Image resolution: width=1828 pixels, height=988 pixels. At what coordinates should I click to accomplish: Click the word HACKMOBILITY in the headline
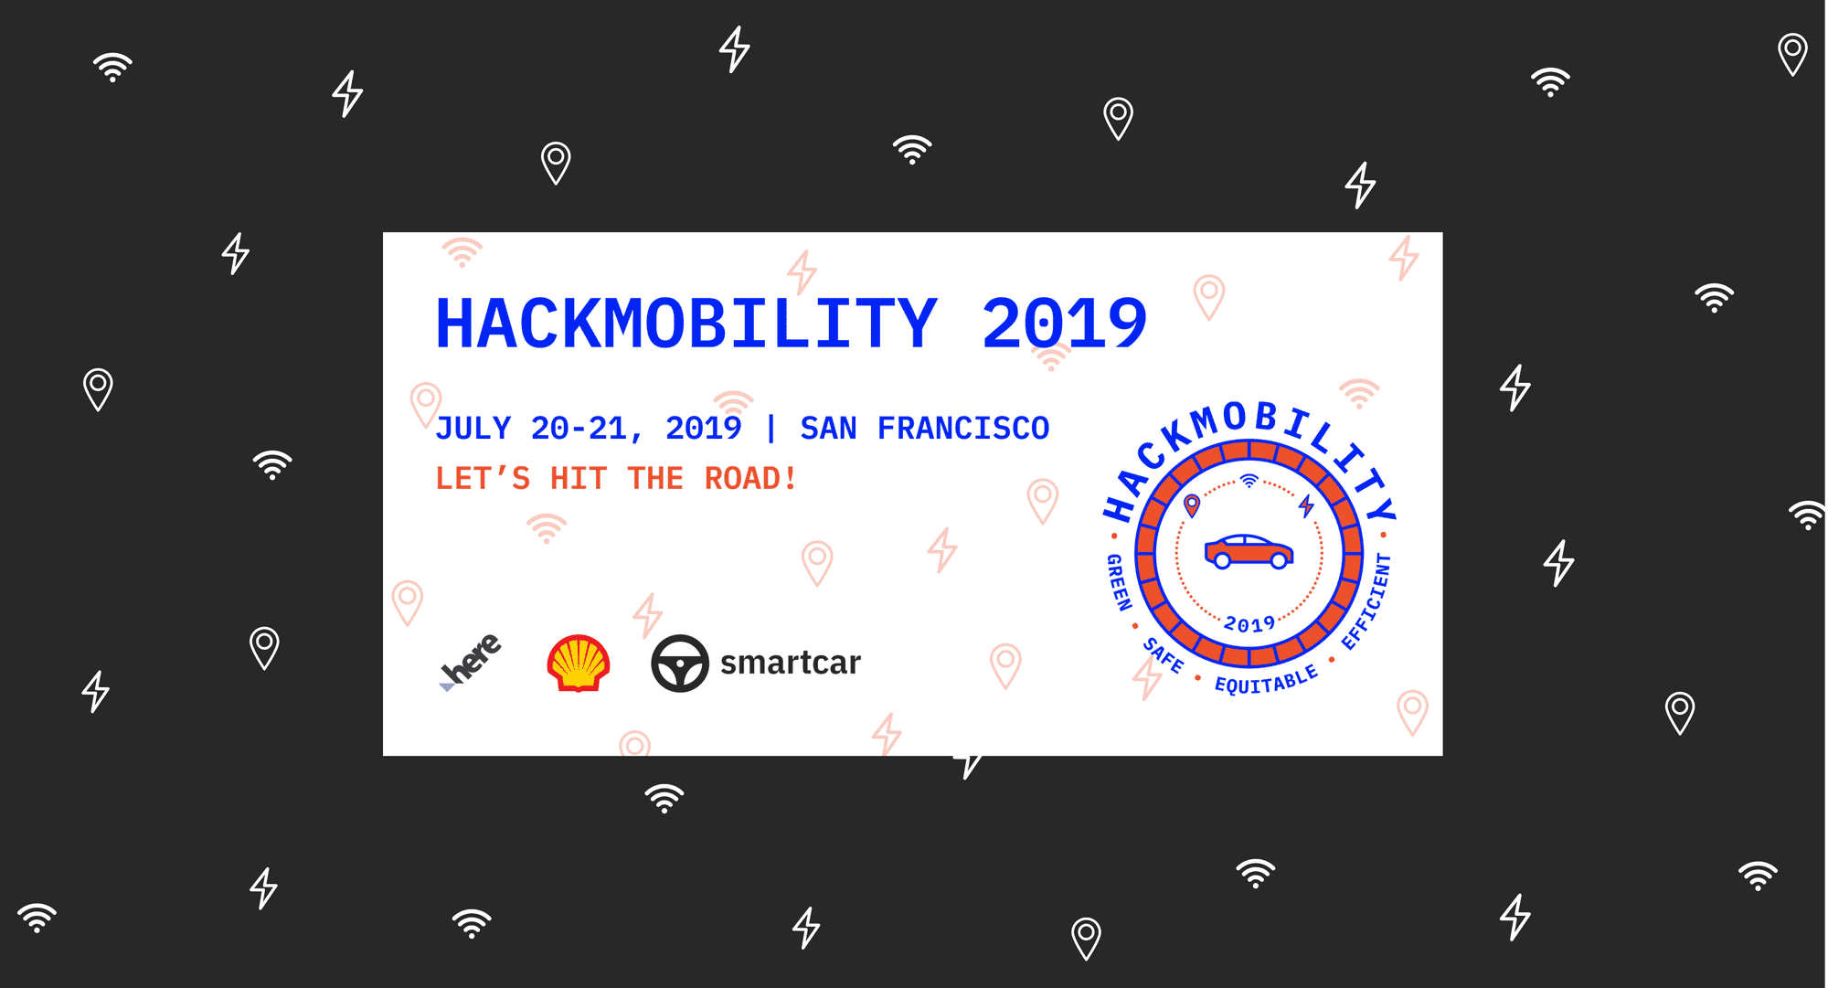686,324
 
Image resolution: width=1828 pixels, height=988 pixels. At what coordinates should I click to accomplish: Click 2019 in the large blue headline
1064,324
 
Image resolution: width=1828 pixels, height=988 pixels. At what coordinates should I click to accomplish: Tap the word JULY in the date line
473,428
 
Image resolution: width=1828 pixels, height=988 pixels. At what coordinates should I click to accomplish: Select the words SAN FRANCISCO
924,428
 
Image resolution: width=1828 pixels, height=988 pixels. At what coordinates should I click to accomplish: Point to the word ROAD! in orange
749,478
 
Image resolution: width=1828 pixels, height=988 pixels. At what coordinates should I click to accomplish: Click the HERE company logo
471,661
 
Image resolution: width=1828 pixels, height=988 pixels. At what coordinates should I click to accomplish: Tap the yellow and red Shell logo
578,663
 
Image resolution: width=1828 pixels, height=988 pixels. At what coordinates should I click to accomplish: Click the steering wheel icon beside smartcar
679,663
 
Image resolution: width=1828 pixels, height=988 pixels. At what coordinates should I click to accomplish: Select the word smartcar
790,663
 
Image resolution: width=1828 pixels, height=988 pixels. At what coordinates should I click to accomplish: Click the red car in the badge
1249,551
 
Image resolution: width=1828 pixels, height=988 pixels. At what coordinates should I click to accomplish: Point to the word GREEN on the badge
1119,582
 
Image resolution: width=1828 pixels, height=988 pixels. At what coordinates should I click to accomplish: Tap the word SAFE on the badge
1164,655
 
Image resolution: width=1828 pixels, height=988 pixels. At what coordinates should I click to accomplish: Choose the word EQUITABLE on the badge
1266,680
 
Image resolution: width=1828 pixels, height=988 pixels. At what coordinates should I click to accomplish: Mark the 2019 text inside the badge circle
1249,624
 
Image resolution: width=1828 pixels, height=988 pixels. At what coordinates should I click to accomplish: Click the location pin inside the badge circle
1192,505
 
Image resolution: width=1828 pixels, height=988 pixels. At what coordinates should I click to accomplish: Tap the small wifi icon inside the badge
1249,481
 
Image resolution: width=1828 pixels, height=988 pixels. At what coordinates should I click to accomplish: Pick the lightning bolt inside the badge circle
1307,505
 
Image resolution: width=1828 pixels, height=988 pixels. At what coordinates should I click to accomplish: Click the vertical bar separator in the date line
771,428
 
